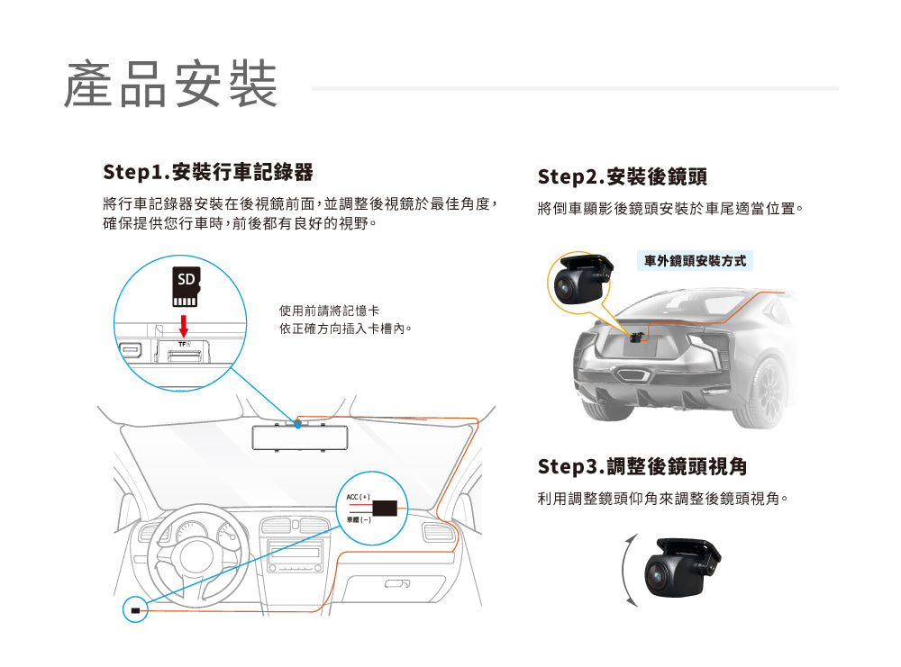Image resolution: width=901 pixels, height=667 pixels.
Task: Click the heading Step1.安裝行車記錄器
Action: pos(208,171)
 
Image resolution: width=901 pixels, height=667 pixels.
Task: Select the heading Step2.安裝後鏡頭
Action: pos(629,176)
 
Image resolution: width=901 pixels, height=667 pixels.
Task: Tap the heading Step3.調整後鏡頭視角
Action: pos(642,466)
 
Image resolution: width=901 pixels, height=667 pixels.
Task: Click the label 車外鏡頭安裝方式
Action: pos(695,261)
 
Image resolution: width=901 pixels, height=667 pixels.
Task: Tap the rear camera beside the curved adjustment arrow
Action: pos(680,568)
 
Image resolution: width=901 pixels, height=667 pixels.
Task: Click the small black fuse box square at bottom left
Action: pos(136,611)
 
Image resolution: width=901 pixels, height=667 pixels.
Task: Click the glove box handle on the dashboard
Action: pos(397,584)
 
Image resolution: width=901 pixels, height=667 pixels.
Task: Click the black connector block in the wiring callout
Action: pos(387,507)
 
